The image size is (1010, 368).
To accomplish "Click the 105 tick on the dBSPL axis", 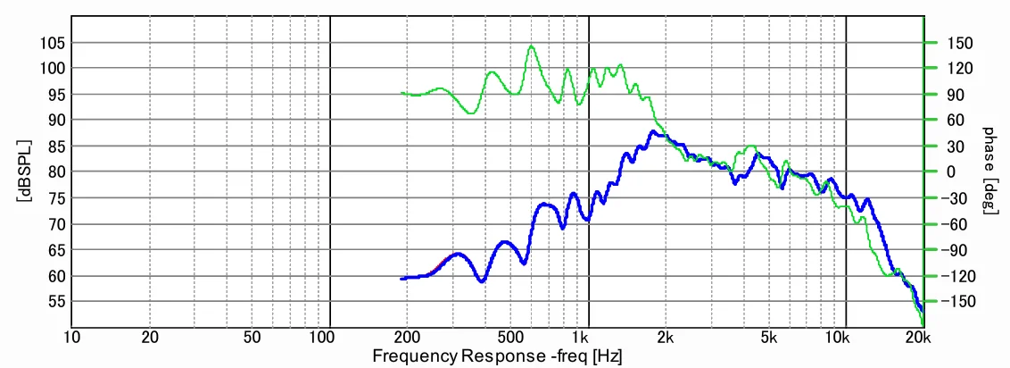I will pyautogui.click(x=51, y=42).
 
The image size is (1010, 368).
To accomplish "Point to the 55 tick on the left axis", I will pyautogui.click(x=51, y=302).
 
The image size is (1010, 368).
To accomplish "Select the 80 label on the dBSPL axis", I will pyautogui.click(x=51, y=171).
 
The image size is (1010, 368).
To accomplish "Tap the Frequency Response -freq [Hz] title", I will pyautogui.click(x=497, y=356).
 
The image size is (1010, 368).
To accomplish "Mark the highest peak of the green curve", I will pyautogui.click(x=531, y=46).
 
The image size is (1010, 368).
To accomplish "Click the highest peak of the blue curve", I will pyautogui.click(x=653, y=132).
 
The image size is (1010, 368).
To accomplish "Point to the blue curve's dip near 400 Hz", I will pyautogui.click(x=481, y=281).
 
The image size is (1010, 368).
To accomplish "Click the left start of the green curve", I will pyautogui.click(x=402, y=93).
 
